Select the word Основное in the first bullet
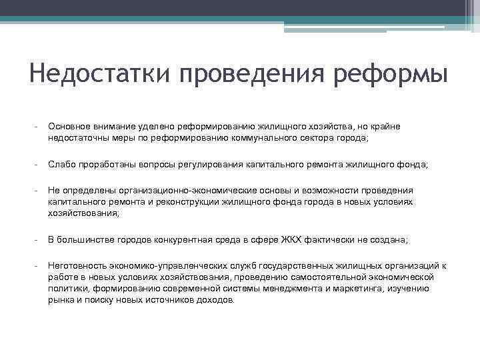[70, 127]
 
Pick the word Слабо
[60, 164]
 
